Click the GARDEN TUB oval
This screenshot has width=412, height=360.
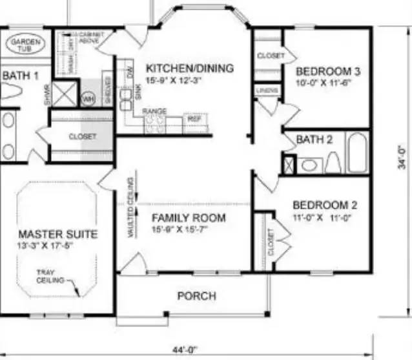26,45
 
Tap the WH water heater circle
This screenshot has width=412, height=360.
88,98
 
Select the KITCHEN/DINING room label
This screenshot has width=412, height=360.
189,68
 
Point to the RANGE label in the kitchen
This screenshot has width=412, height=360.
154,111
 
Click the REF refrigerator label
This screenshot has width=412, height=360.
194,119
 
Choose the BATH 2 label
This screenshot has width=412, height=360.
314,140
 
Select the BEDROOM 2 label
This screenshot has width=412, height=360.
325,206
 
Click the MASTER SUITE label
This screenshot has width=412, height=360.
58,233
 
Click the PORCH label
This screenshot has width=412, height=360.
196,296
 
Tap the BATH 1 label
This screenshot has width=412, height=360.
21,76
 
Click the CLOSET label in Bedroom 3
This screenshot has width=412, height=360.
271,56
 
